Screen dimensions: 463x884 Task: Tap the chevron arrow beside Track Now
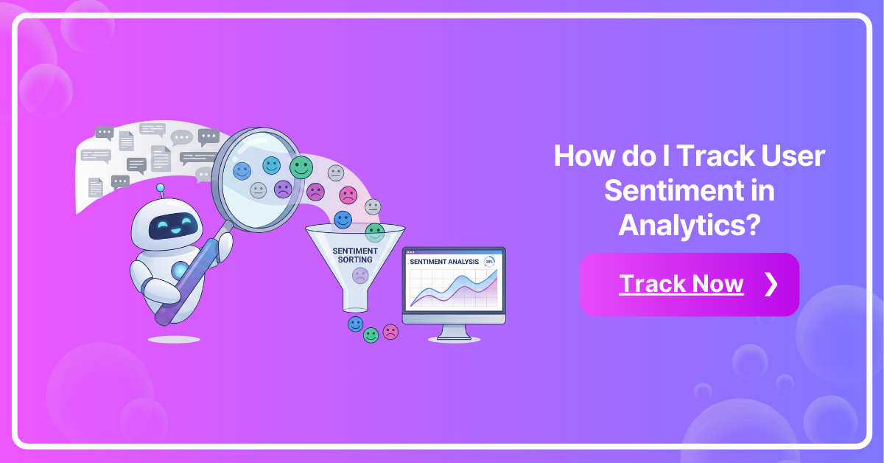(771, 285)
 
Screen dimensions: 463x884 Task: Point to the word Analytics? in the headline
(689, 223)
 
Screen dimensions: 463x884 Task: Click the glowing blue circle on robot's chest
(180, 271)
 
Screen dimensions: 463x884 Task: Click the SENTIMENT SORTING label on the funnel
(355, 255)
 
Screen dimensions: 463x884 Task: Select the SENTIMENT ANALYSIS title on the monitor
(443, 262)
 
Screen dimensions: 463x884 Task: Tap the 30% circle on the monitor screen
(489, 262)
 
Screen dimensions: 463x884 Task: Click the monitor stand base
(454, 338)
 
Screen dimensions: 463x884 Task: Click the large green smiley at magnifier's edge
(301, 167)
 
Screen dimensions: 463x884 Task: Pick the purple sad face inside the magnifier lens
(283, 189)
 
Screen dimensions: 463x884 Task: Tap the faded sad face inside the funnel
(359, 276)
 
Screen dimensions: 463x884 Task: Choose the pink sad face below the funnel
(390, 332)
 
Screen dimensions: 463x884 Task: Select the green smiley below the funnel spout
(371, 335)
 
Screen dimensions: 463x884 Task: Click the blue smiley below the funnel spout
(356, 324)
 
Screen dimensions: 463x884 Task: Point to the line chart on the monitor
(453, 288)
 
